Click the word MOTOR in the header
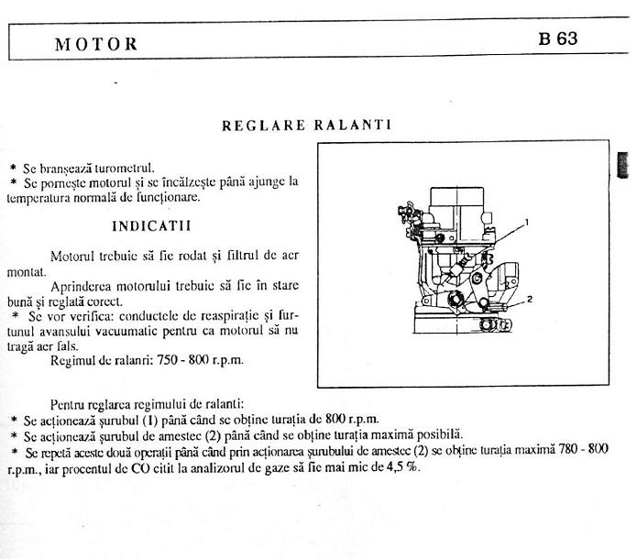pyautogui.click(x=96, y=44)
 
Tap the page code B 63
pyautogui.click(x=558, y=41)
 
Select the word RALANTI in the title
pyautogui.click(x=353, y=126)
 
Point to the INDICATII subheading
pyautogui.click(x=151, y=225)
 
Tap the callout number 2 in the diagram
pyautogui.click(x=530, y=298)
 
